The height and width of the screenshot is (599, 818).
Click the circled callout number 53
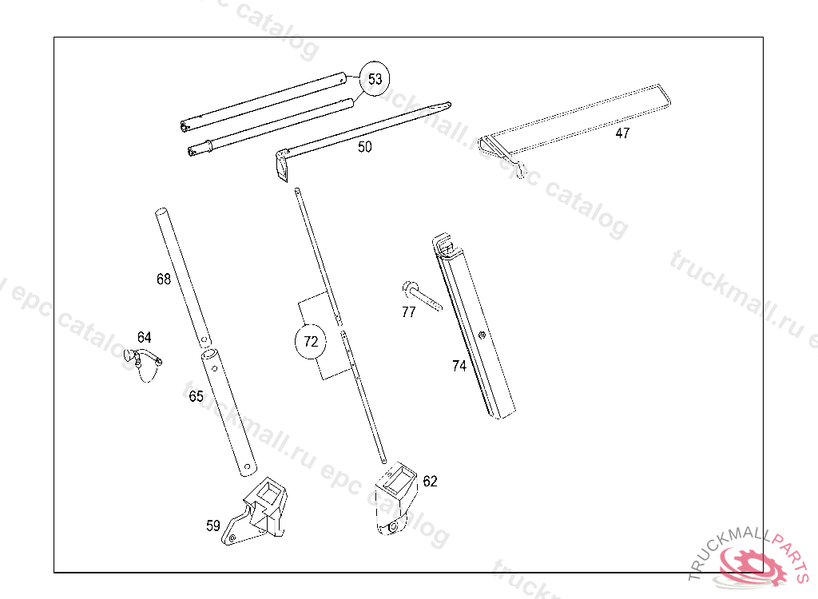click(375, 79)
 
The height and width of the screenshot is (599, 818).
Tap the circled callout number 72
click(311, 342)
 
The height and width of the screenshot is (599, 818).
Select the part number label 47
click(622, 133)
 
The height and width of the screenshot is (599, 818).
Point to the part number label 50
click(364, 147)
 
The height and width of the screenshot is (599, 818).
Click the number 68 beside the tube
click(164, 280)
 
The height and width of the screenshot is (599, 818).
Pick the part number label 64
click(144, 337)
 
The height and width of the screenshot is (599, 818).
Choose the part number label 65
click(197, 397)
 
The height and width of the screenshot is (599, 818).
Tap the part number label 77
click(408, 312)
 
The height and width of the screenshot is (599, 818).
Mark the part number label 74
click(459, 367)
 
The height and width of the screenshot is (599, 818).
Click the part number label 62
click(430, 481)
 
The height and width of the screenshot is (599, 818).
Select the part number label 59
click(212, 526)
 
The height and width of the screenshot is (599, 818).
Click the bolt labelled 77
click(422, 296)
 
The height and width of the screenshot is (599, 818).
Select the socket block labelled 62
click(396, 498)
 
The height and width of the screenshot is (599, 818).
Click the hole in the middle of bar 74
click(482, 335)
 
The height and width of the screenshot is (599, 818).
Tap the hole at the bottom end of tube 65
click(248, 466)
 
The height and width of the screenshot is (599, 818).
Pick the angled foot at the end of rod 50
click(282, 165)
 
